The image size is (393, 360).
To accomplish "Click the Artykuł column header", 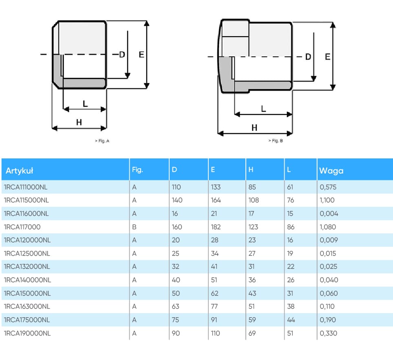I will tap(20, 171).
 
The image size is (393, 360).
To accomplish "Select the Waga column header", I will tap(331, 171).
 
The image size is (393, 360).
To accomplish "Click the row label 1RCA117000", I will tap(22, 227).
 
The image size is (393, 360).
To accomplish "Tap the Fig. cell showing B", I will tap(135, 227).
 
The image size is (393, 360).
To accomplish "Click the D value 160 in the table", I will tap(177, 227).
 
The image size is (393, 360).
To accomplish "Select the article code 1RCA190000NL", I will tap(27, 333).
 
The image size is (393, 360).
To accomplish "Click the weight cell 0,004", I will tap(329, 213).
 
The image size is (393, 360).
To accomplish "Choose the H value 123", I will tap(253, 227).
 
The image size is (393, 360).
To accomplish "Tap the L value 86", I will tap(290, 227).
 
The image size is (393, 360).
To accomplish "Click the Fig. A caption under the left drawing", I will tap(102, 141).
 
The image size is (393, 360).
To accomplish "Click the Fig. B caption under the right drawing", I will tap(276, 141).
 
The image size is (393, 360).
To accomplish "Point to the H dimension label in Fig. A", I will tap(79, 122).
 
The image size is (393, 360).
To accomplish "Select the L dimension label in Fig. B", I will tap(263, 109).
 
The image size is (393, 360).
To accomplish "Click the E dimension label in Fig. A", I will tap(141, 55).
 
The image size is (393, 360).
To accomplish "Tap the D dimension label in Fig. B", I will tap(308, 57).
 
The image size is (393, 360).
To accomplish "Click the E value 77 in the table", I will tap(215, 307).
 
